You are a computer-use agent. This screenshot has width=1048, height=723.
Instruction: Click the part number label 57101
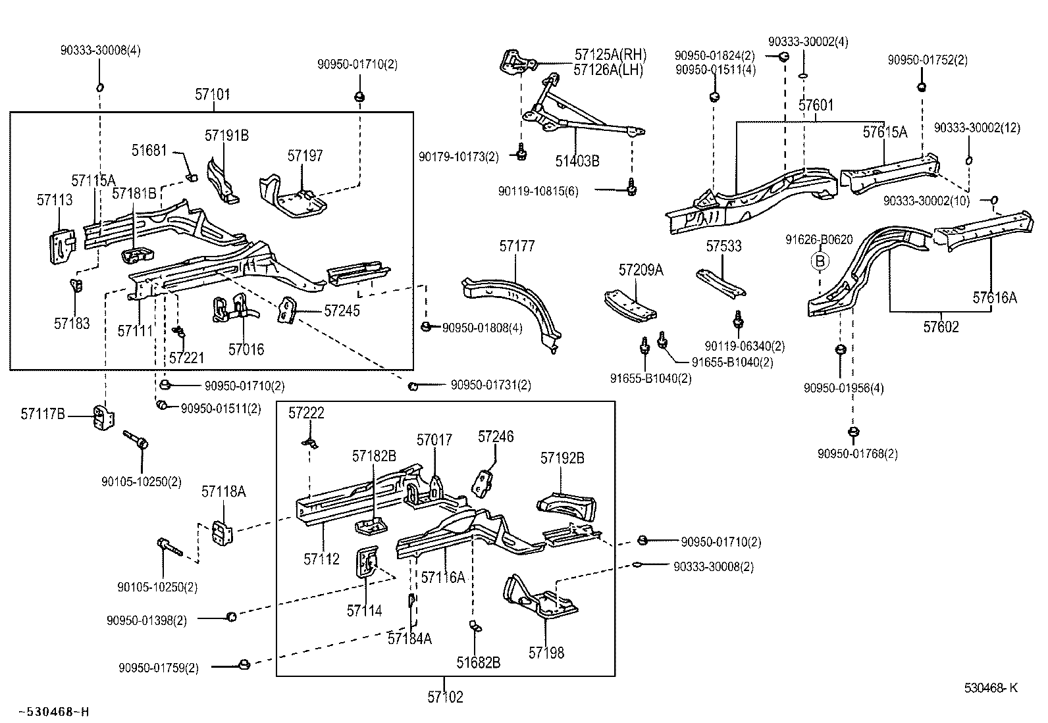212,94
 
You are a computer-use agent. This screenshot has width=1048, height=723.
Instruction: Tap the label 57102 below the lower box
445,697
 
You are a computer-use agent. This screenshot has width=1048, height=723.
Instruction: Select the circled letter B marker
820,262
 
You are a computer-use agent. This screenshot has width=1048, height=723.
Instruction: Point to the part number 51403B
577,161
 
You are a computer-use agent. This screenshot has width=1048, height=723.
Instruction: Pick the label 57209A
641,269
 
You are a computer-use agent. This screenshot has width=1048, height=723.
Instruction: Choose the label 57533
723,246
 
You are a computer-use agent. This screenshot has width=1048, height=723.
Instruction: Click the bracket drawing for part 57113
62,246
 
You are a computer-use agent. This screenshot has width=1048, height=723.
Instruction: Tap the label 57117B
43,414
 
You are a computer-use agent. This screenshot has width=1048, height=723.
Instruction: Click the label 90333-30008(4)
100,50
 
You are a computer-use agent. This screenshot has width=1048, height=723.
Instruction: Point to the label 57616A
995,297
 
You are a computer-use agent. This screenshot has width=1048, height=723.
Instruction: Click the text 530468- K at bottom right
991,688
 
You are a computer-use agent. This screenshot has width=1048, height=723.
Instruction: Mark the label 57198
546,653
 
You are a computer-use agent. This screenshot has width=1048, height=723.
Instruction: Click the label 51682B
479,662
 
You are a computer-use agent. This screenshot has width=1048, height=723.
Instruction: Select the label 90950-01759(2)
159,668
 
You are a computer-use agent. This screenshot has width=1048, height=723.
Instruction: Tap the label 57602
941,327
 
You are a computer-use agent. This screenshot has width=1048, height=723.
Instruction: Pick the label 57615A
885,132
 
